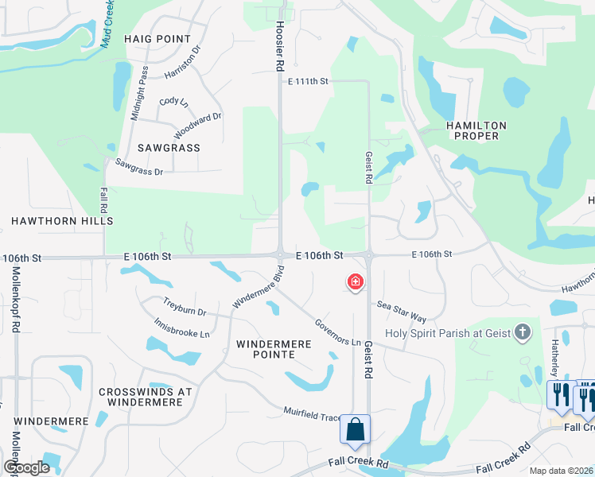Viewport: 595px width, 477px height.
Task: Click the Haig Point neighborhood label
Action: point(157,39)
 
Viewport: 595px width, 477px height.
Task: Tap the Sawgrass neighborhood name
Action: point(168,148)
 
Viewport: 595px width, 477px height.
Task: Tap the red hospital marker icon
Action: point(355,281)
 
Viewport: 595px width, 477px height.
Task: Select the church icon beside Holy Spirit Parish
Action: point(523,332)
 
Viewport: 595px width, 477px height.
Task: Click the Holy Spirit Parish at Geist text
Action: point(447,333)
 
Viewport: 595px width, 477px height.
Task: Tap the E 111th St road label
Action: point(309,82)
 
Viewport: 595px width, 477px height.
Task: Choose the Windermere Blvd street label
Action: point(258,288)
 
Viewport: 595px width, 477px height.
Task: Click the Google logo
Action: point(27,467)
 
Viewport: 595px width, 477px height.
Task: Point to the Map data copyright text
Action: point(560,471)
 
